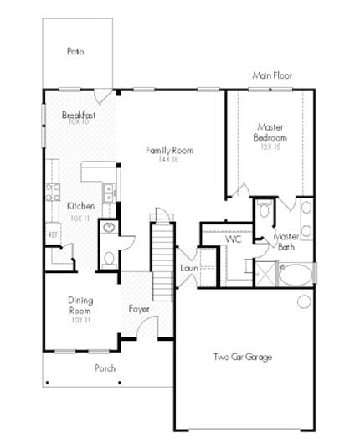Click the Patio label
pos(75,51)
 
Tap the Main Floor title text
pos(272,75)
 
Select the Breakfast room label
pos(79,115)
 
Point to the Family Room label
pos(169,151)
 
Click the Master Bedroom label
pos(270,132)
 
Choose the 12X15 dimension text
pos(270,147)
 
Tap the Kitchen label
pos(80,206)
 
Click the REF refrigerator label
pos(53,234)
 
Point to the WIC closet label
pos(234,239)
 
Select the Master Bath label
pos(287,242)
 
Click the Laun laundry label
pos(188,268)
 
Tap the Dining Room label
pos(80,305)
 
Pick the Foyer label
pos(139,309)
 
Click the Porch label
pos(105,368)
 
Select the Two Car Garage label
pos(242,358)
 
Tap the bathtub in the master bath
pos(296,275)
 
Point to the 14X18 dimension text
pos(169,159)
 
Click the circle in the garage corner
pos(304,301)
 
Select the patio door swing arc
pos(101,96)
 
